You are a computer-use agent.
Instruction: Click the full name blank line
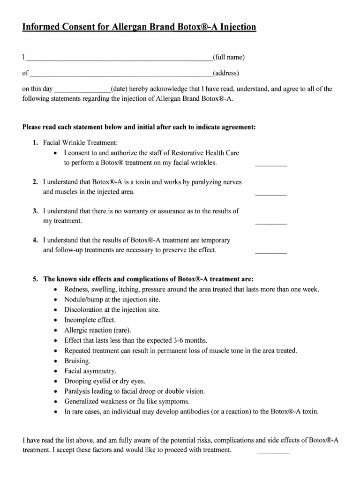click(119, 60)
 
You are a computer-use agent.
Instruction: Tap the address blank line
click(121, 75)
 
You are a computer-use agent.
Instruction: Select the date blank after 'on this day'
click(83, 90)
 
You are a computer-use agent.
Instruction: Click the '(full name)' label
click(229, 58)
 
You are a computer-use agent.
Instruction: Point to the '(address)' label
click(226, 73)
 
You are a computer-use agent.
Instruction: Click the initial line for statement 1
click(270, 165)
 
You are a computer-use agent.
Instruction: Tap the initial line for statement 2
click(270, 194)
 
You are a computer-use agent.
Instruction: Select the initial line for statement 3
click(270, 223)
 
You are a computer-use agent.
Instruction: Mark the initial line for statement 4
click(270, 252)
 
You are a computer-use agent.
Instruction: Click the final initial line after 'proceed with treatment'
click(273, 452)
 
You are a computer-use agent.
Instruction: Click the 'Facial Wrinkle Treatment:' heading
click(81, 142)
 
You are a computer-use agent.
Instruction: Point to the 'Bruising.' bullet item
click(77, 361)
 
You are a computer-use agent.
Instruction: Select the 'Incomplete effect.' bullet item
click(90, 320)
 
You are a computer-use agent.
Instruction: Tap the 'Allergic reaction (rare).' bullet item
click(98, 330)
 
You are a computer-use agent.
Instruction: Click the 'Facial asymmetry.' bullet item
click(90, 371)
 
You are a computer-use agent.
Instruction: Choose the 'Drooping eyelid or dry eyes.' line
click(105, 381)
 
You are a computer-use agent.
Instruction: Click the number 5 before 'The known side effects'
click(35, 278)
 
